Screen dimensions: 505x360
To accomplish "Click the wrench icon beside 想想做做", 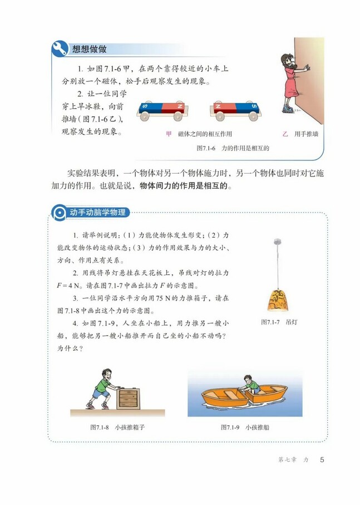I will [59, 48].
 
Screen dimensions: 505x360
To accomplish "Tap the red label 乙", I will [285, 134].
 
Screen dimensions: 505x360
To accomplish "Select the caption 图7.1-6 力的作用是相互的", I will [233, 149].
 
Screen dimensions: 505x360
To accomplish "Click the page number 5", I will [322, 460].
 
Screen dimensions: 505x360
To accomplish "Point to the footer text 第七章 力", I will [293, 460].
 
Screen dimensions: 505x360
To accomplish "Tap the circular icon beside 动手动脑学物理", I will [58, 212].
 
